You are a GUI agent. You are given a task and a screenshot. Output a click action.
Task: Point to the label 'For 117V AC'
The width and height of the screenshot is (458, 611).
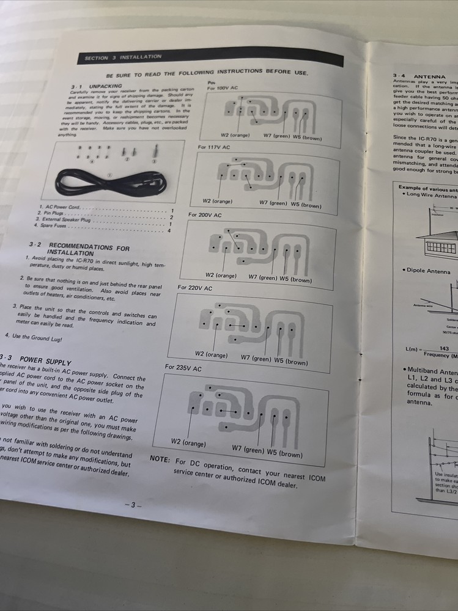coord(214,147)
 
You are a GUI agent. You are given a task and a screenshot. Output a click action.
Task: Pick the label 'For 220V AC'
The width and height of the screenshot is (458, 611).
coord(195,287)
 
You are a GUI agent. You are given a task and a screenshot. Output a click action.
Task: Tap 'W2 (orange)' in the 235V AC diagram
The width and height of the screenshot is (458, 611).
coord(188,442)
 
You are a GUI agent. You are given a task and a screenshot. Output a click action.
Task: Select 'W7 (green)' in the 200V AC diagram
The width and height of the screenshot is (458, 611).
coord(262,277)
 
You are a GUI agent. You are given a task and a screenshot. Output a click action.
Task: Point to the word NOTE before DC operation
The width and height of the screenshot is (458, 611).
coord(161,459)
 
